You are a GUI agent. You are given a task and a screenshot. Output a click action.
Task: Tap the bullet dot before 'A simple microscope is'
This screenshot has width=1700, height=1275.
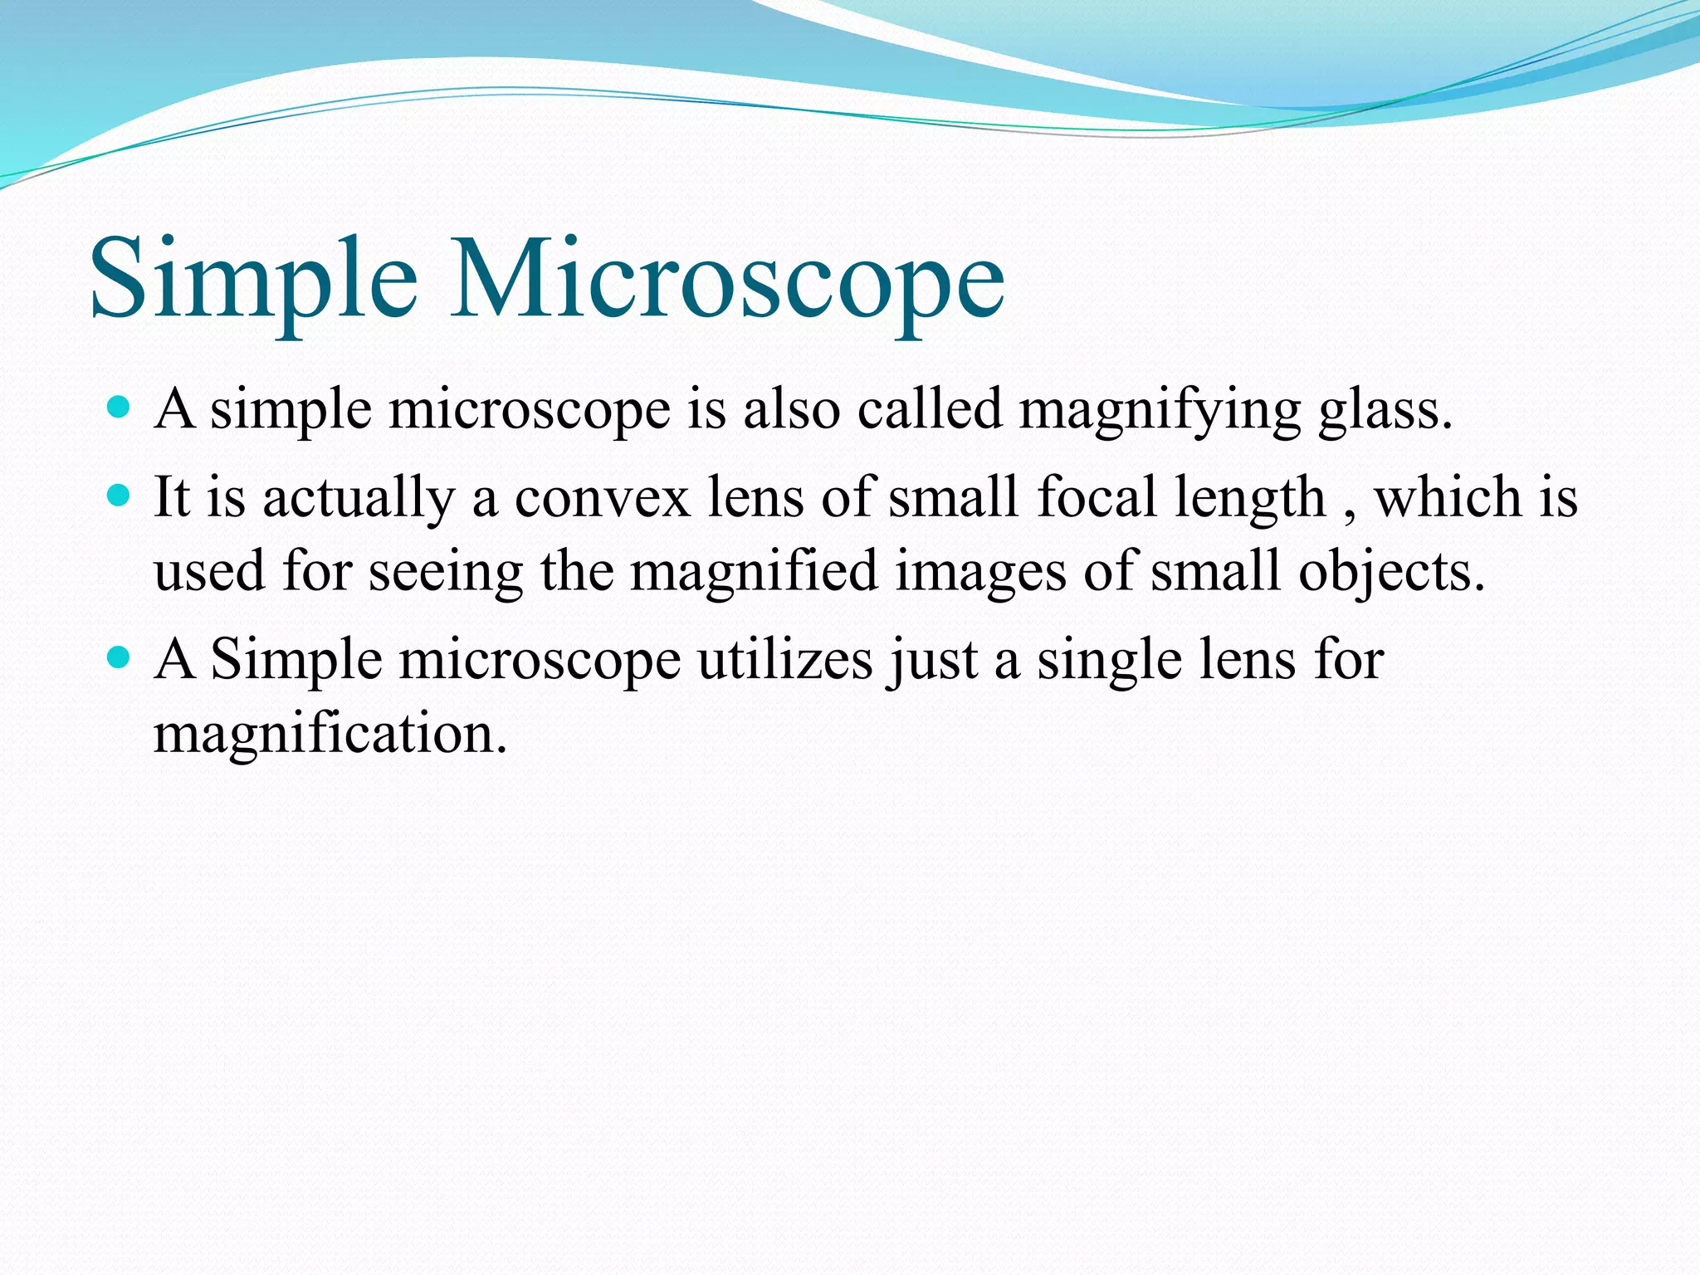[120, 408]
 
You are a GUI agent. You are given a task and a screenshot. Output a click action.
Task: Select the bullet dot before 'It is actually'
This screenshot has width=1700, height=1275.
[120, 496]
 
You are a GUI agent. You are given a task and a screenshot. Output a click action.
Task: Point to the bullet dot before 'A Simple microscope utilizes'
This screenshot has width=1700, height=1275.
[120, 658]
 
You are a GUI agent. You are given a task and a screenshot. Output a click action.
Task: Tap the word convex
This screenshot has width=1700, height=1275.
[603, 498]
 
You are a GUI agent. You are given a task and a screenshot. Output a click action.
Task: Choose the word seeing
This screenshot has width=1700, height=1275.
[446, 573]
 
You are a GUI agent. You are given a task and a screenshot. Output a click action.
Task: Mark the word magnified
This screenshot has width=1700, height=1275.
[754, 573]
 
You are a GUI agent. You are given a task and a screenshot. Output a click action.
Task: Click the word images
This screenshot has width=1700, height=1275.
[980, 573]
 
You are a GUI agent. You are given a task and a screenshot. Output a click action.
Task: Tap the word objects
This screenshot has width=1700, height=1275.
[1391, 573]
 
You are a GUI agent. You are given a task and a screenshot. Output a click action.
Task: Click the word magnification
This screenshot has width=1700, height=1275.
[330, 735]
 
